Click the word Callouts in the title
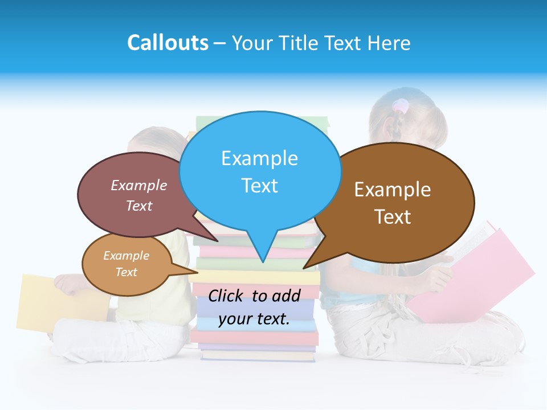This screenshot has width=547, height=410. pyautogui.click(x=168, y=43)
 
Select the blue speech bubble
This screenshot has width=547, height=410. pyautogui.click(x=260, y=171)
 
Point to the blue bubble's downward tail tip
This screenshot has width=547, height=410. pyautogui.click(x=262, y=261)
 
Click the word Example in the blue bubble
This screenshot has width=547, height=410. pyautogui.click(x=259, y=158)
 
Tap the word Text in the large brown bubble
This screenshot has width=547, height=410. pyautogui.click(x=392, y=216)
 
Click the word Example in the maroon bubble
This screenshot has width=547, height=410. pyautogui.click(x=138, y=185)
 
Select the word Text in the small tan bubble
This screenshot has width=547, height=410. pyautogui.click(x=126, y=272)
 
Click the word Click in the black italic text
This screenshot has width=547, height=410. pyautogui.click(x=226, y=296)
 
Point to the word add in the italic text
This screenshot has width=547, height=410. pyautogui.click(x=285, y=296)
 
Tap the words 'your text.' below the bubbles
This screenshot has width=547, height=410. pyautogui.click(x=254, y=319)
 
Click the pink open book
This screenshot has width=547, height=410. pyautogui.click(x=479, y=273)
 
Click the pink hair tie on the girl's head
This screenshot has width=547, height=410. pyautogui.click(x=401, y=106)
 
